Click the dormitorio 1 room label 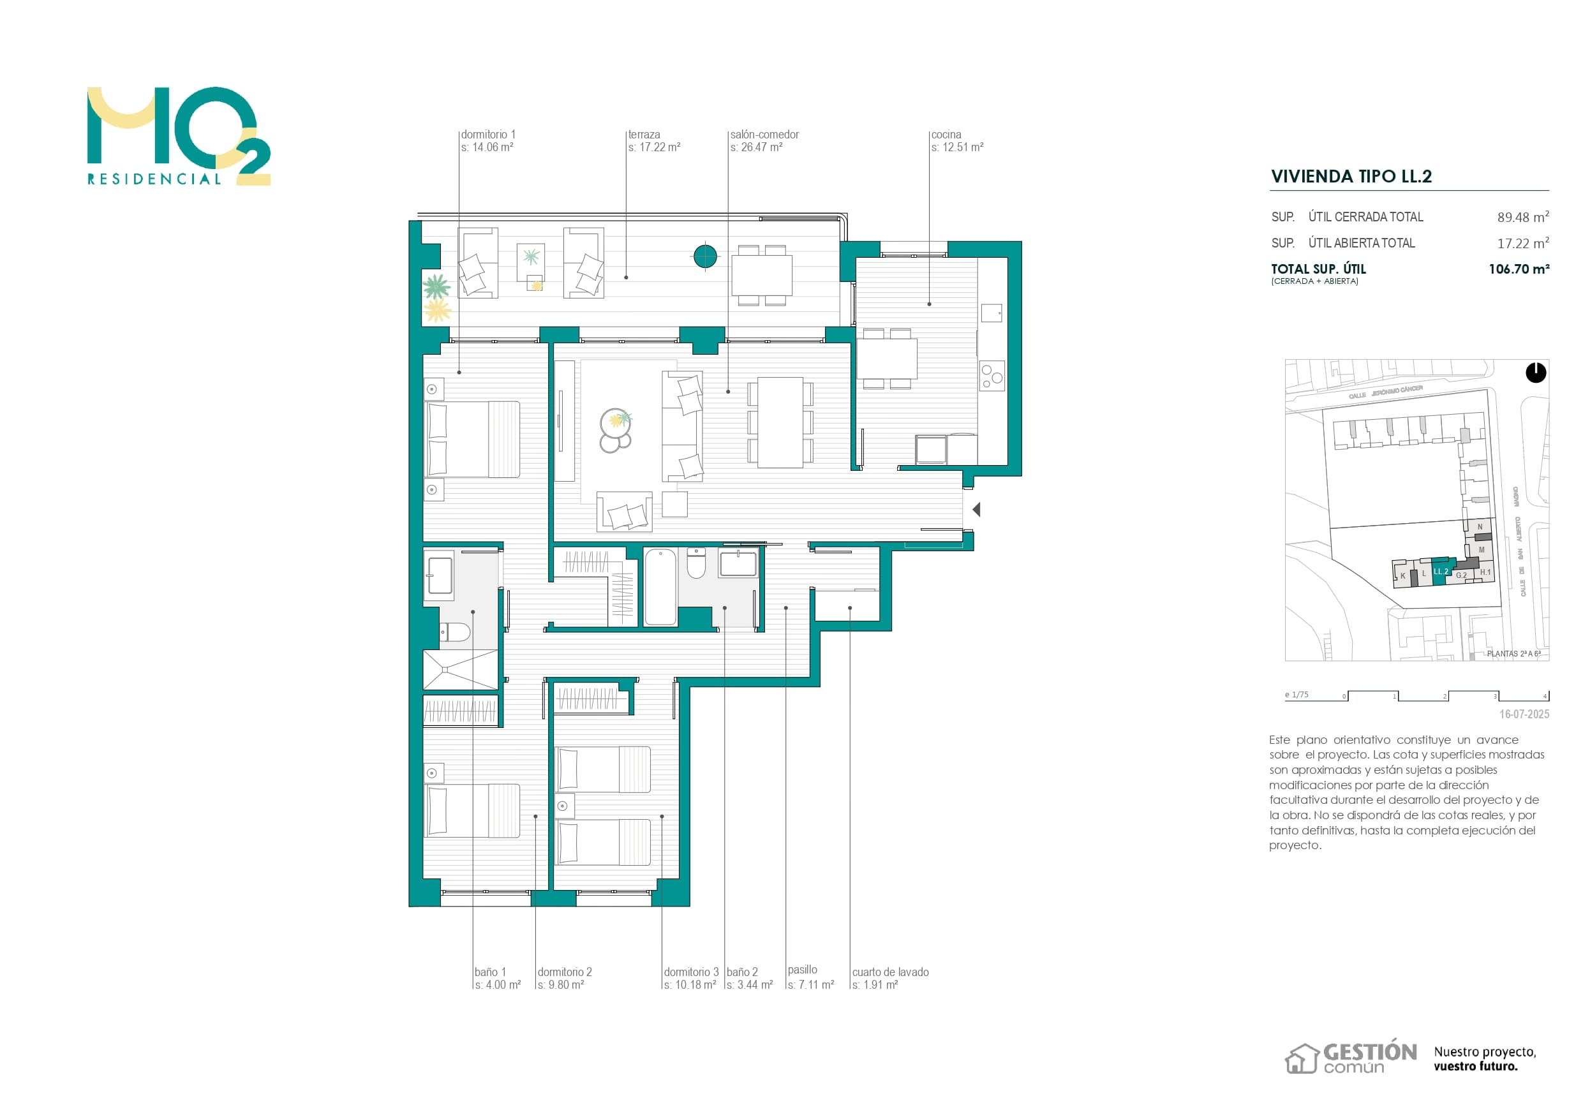487,135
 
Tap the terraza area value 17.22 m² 653,147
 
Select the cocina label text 946,135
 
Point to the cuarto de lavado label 890,972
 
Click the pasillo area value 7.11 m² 811,984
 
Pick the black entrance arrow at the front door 976,510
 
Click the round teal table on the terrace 704,256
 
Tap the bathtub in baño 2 660,587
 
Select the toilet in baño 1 456,632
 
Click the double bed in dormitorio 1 473,439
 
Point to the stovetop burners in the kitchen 992,376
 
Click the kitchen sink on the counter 992,313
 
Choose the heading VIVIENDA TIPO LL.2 1351,177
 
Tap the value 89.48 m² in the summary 1522,217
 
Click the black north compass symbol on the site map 1535,373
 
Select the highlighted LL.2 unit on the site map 1440,571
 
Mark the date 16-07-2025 1524,715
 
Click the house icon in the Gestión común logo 1301,1058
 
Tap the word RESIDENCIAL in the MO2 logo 154,179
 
